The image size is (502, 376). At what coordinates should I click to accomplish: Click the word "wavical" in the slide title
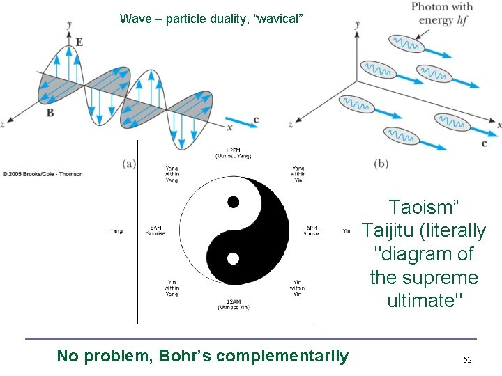pos(279,18)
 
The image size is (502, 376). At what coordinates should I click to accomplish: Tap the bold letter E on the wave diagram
pos(79,42)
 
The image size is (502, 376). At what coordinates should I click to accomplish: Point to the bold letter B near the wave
pos(50,111)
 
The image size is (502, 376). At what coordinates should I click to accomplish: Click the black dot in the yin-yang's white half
pos(234,202)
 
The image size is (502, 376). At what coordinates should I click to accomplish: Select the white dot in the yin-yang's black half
pos(233,259)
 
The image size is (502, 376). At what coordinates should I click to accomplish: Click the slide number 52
pos(468,360)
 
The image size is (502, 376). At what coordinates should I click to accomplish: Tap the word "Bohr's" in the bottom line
pos(186,357)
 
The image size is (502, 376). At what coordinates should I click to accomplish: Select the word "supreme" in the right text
pos(443,277)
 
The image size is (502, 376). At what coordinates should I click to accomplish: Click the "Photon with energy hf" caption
pos(441,13)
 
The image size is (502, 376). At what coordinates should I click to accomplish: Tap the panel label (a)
pos(129,164)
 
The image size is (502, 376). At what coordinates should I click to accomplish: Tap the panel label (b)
pos(381,164)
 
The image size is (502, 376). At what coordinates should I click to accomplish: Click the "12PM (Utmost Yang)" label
pos(234,152)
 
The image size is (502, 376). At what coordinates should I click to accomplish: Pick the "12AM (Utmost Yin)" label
pos(234,304)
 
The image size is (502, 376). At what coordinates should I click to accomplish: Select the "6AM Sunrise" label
pos(155,230)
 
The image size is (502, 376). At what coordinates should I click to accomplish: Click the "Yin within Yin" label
pos(298,288)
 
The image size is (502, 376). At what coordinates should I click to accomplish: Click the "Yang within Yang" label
pos(171,173)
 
